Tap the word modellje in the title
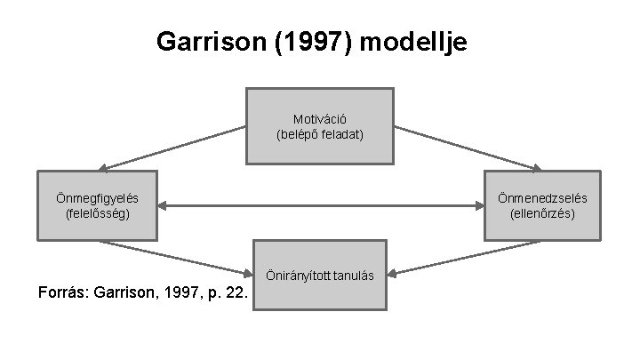point(423,42)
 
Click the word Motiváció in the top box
point(319,118)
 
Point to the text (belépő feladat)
point(319,134)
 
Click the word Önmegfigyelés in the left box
point(97,197)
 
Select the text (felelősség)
point(97,213)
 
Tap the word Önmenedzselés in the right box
point(542,197)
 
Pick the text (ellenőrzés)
point(542,213)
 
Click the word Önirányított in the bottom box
point(301,276)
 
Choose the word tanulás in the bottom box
point(354,276)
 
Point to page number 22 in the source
point(236,292)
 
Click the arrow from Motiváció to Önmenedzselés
point(468,148)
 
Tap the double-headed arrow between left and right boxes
point(320,206)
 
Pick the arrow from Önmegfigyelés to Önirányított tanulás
point(174,257)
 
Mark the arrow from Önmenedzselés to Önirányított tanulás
point(467,257)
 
